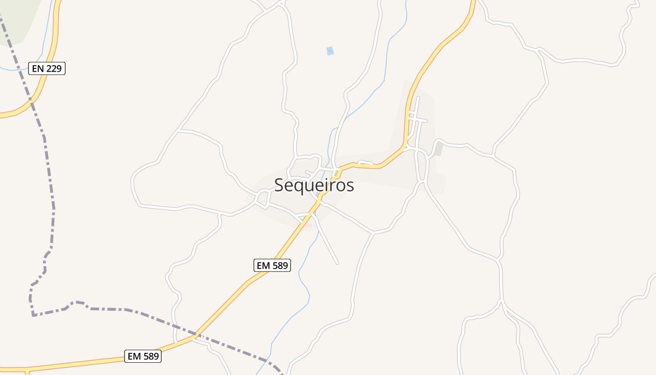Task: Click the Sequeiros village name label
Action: (x=314, y=185)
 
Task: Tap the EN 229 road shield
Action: (x=47, y=68)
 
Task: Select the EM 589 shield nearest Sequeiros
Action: (x=272, y=265)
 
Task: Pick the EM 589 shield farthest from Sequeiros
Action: (x=143, y=356)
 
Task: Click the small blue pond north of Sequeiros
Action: (x=330, y=51)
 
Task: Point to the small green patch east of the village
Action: (x=439, y=149)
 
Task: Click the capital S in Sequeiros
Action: (x=279, y=185)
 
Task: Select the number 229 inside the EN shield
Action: (x=54, y=68)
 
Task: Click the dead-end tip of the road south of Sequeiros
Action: (x=337, y=263)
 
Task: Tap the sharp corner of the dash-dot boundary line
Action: (x=33, y=315)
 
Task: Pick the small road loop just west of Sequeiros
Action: (x=262, y=198)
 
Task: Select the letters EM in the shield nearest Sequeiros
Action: (x=263, y=265)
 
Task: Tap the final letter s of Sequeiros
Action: (x=350, y=186)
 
